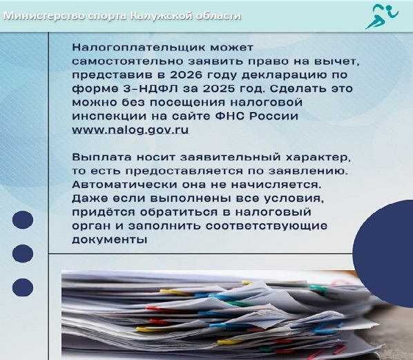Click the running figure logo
[x=382, y=17]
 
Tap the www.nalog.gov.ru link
[x=131, y=130]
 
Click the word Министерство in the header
[x=44, y=16]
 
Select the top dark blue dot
[x=23, y=220]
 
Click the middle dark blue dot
[x=23, y=254]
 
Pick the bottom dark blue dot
[x=23, y=287]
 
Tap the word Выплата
[x=102, y=158]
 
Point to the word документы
[x=109, y=240]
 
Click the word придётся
[x=104, y=212]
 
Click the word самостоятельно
[x=128, y=61]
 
